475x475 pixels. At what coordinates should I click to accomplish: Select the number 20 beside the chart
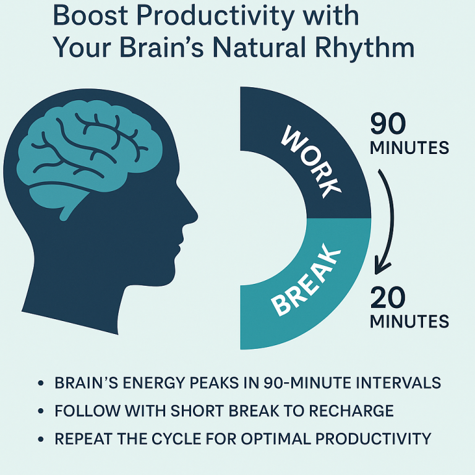[x=388, y=299]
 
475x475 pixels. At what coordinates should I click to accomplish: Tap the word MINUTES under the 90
[x=409, y=148]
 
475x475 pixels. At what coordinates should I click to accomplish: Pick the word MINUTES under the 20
[x=409, y=322]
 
